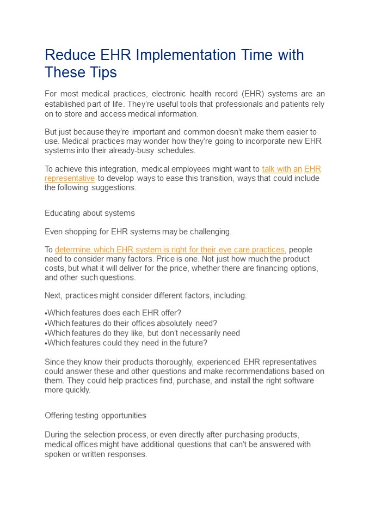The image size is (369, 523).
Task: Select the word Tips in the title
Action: tap(102, 72)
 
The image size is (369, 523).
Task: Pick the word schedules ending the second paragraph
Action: tap(173, 150)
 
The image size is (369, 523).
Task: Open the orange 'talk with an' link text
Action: tap(281, 169)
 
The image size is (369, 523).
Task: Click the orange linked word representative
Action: tap(70, 178)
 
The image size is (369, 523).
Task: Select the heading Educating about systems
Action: tap(90, 213)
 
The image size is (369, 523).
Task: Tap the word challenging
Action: tap(210, 232)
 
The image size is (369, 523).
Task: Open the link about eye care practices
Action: tap(170, 250)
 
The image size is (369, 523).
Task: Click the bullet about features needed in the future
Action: tap(126, 343)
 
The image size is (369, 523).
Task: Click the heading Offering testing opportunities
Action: tap(95, 416)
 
